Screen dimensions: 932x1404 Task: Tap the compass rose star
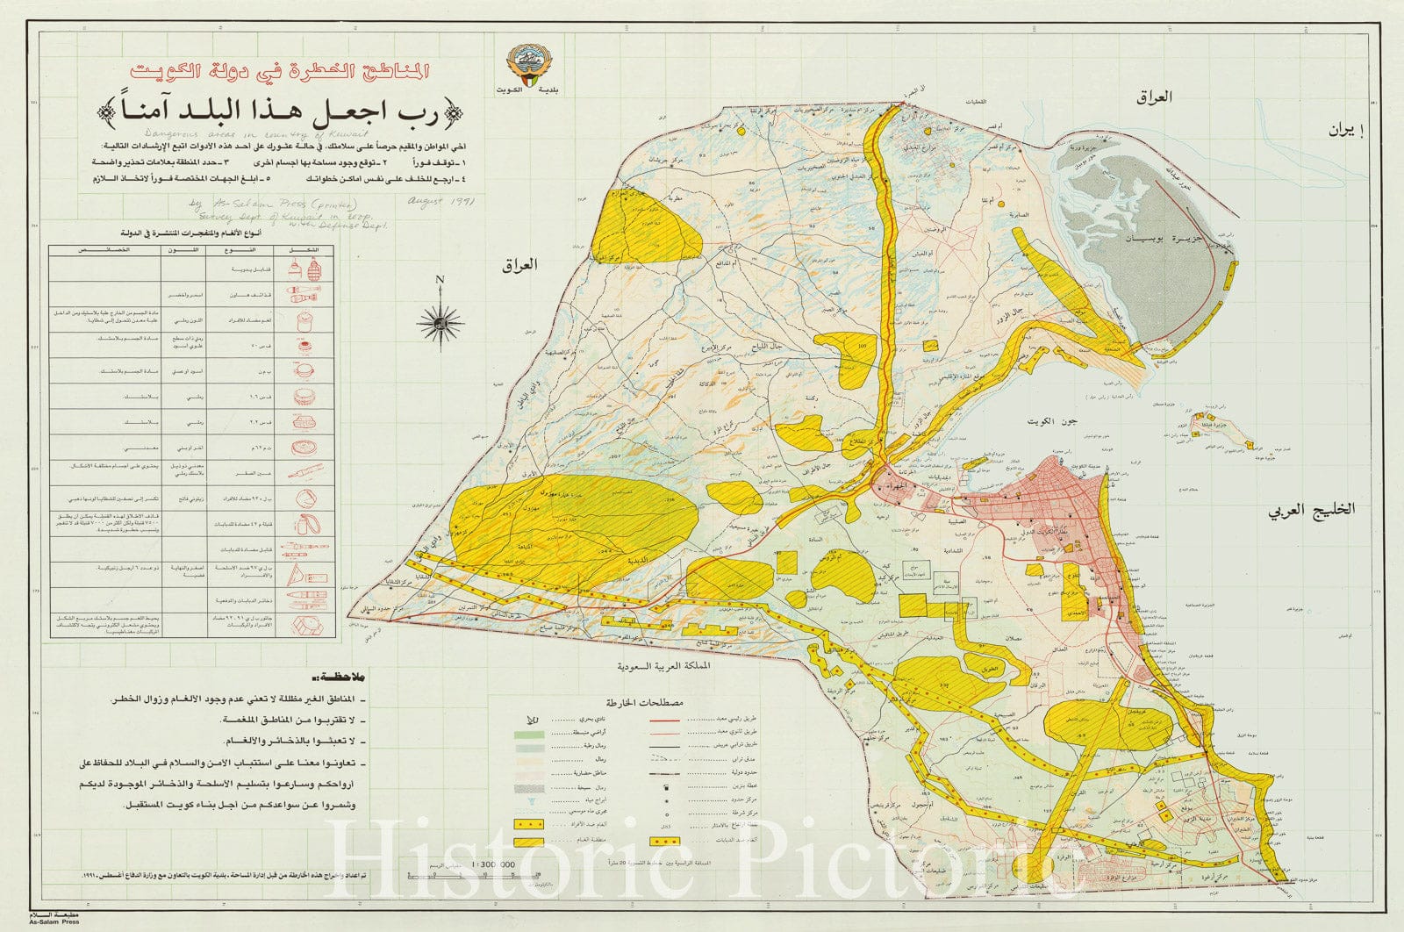point(441,323)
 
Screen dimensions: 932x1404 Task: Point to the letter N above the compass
point(441,281)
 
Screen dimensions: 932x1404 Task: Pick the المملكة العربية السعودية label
point(667,667)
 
